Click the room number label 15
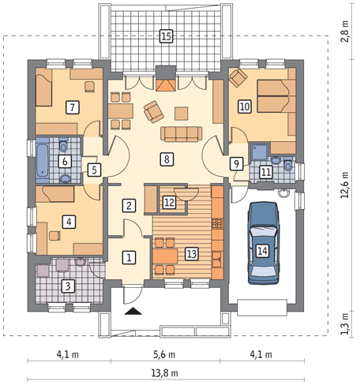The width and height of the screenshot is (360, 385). point(165,36)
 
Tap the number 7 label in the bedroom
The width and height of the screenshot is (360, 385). point(72,106)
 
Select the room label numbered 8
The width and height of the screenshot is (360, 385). point(165,159)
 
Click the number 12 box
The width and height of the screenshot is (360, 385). point(170,202)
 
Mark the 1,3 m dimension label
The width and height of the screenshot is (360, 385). point(344,323)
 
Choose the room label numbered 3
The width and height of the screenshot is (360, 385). point(69,286)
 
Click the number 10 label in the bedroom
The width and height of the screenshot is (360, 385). point(245,105)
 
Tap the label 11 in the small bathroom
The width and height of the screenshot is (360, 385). point(266,170)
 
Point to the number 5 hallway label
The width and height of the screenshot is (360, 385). point(93,168)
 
